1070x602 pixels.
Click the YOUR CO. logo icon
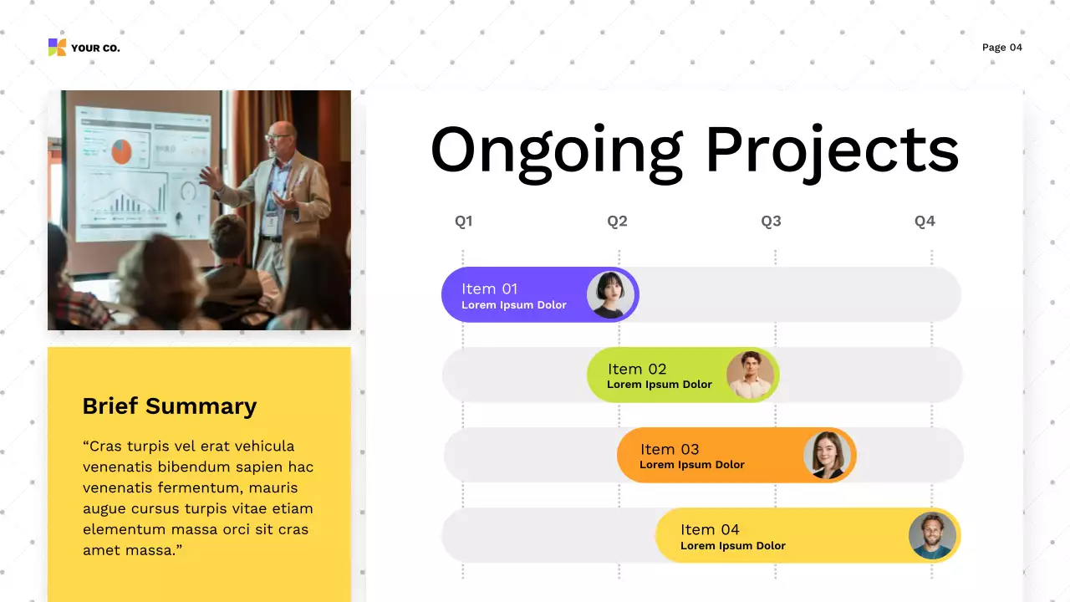(x=57, y=48)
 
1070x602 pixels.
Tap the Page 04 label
(x=1001, y=48)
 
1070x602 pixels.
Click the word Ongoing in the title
(x=556, y=150)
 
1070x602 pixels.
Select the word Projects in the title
(x=831, y=150)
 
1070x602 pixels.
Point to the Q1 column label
(x=463, y=222)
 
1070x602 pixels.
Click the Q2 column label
(x=617, y=222)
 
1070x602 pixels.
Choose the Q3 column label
(x=771, y=222)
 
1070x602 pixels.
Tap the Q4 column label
(x=925, y=222)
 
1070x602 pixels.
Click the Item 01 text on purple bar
(x=489, y=288)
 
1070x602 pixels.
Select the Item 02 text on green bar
(x=637, y=369)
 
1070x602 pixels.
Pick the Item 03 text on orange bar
(x=670, y=449)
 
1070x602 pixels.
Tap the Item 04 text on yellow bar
(x=710, y=529)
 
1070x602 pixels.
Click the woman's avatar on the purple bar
(x=610, y=294)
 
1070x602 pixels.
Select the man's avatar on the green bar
(x=750, y=375)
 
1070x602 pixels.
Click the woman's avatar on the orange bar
(x=827, y=455)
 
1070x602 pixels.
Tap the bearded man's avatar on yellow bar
(x=932, y=536)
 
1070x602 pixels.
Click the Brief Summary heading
(x=169, y=406)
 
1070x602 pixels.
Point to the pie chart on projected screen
(x=122, y=151)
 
